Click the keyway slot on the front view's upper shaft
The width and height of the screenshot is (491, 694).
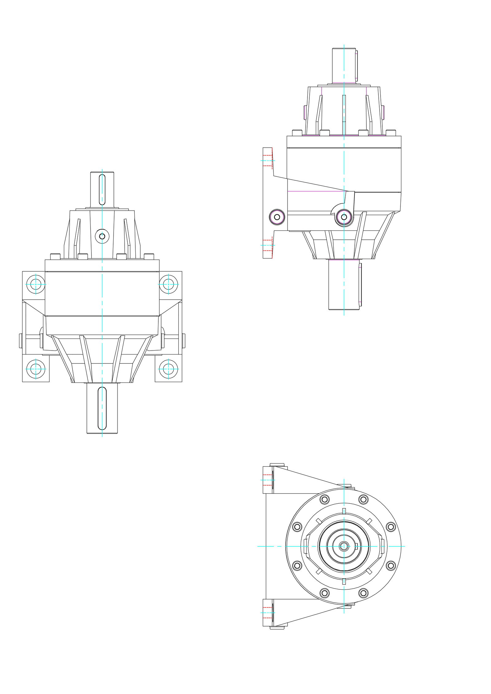point(102,189)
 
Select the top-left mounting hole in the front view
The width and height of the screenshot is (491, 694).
point(36,284)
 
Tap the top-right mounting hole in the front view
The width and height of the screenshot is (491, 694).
point(168,284)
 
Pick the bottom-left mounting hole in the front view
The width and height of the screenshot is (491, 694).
point(36,369)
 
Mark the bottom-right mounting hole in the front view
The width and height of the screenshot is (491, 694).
point(168,369)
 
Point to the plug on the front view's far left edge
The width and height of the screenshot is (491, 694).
point(21,341)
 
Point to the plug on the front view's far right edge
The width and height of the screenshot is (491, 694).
point(184,341)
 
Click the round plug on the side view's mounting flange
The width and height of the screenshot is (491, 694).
point(277,217)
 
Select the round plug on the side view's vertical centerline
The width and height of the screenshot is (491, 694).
point(344,217)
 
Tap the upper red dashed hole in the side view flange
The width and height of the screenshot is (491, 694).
point(268,161)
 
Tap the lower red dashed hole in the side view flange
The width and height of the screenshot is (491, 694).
point(268,245)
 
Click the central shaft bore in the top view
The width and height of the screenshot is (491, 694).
point(344,546)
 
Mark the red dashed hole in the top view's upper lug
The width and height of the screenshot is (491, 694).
point(268,480)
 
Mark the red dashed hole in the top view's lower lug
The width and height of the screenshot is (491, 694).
point(268,613)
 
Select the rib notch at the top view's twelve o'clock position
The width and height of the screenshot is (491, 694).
point(344,511)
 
